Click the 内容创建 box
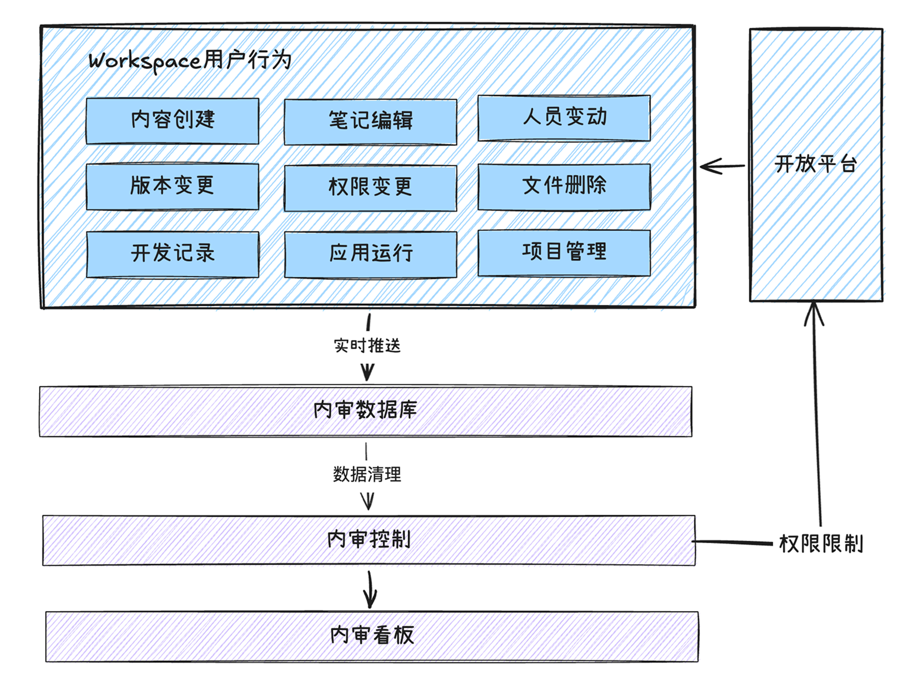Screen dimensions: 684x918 click(173, 121)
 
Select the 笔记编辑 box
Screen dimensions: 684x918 click(370, 122)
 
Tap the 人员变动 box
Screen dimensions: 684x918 click(564, 118)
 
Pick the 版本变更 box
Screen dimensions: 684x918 click(173, 186)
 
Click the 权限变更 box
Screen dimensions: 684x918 click(370, 188)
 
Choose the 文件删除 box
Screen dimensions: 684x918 click(564, 187)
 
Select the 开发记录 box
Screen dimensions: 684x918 click(173, 253)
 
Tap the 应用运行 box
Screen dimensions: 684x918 click(370, 254)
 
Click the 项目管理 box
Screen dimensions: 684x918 click(564, 252)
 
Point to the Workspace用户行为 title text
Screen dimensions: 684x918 click(190, 61)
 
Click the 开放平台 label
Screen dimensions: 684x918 click(816, 164)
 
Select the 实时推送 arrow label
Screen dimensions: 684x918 click(367, 345)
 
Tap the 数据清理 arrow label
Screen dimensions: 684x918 click(367, 474)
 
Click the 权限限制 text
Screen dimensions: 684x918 click(821, 544)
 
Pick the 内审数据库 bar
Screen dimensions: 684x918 click(365, 411)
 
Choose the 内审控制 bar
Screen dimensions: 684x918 click(369, 540)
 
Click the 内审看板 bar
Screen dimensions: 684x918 click(372, 636)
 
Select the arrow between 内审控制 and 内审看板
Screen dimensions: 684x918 click(370, 590)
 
